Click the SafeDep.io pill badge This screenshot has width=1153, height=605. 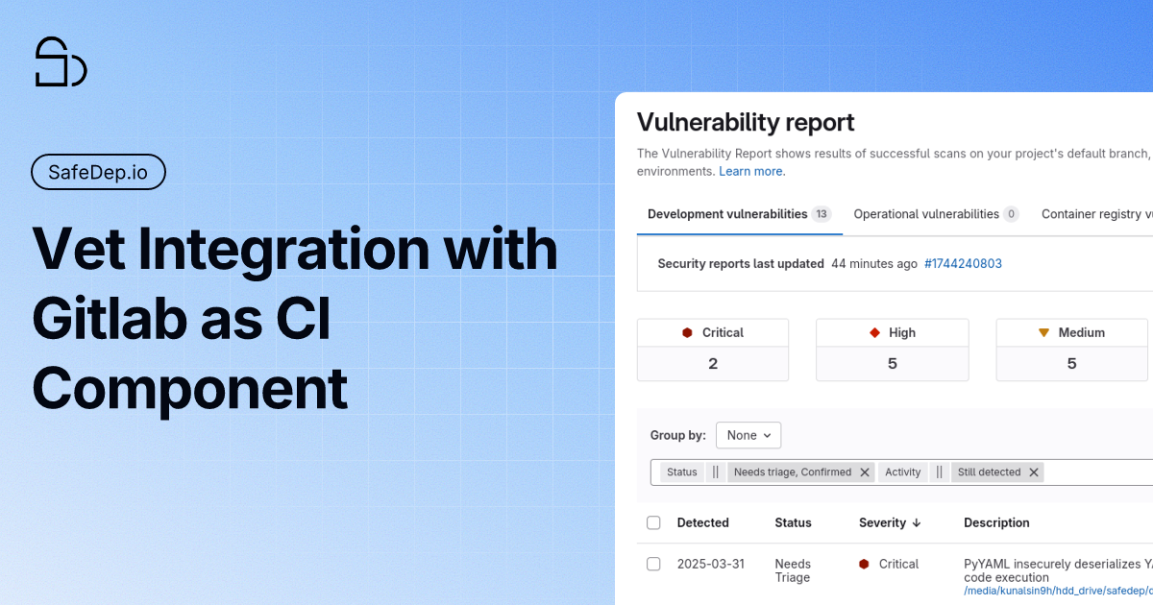pos(99,173)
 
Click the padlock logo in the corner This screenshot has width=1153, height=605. pos(61,62)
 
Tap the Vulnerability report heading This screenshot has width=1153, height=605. pos(746,122)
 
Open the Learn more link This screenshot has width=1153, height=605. pos(751,171)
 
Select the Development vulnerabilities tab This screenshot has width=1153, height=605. pos(727,214)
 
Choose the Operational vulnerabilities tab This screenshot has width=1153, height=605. pos(926,214)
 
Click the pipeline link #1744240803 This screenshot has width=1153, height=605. pos(963,263)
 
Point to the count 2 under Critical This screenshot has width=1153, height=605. pos(713,364)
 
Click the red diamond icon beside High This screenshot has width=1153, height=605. pos(874,332)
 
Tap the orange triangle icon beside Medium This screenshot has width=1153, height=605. pos(1043,332)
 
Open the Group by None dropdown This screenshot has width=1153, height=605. pos(748,435)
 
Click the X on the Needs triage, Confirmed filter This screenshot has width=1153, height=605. pos(865,472)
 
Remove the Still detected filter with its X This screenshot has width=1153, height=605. pos(1034,472)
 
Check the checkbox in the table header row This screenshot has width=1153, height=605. pos(653,523)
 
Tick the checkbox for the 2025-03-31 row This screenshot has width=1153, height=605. pos(653,564)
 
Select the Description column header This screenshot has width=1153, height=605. pos(996,523)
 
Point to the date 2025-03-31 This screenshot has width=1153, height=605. pos(710,564)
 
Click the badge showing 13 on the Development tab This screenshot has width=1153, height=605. pos(822,214)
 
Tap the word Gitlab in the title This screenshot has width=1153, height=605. pos(107,318)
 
